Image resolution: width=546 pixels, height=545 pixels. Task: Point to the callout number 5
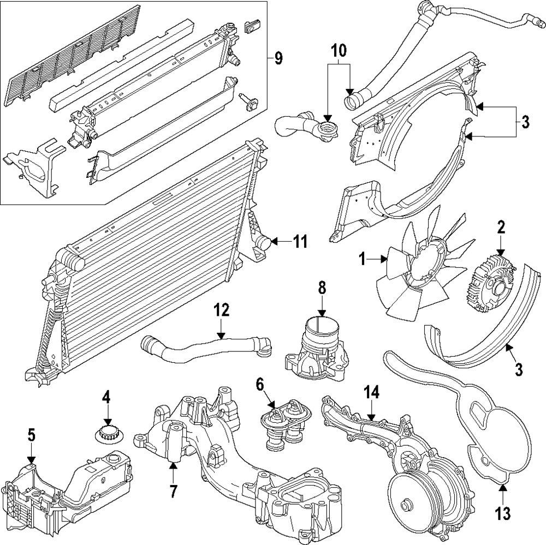(31, 435)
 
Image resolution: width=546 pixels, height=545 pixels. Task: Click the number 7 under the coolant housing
(173, 490)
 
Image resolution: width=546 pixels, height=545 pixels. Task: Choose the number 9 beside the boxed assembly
(278, 58)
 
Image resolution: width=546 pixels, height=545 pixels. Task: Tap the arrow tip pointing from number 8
(322, 315)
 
